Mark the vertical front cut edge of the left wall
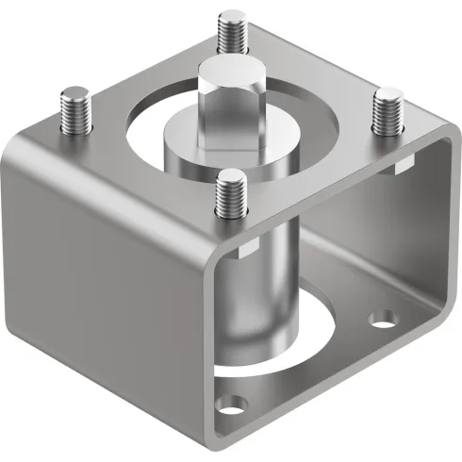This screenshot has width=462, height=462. click(213, 330)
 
